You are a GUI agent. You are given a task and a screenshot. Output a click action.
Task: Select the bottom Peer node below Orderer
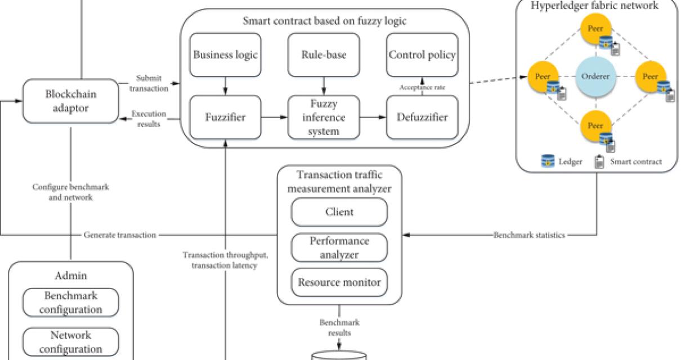pos(595,125)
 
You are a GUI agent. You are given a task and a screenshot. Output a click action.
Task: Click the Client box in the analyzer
pos(339,212)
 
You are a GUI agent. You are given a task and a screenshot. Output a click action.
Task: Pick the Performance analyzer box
pos(339,247)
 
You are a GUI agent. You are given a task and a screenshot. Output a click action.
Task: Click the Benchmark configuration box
pos(71,303)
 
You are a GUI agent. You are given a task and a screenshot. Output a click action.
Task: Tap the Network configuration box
pos(71,342)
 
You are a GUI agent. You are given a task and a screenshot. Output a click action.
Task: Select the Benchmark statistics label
pos(529,235)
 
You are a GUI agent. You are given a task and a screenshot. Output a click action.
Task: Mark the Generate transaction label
pos(120,235)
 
